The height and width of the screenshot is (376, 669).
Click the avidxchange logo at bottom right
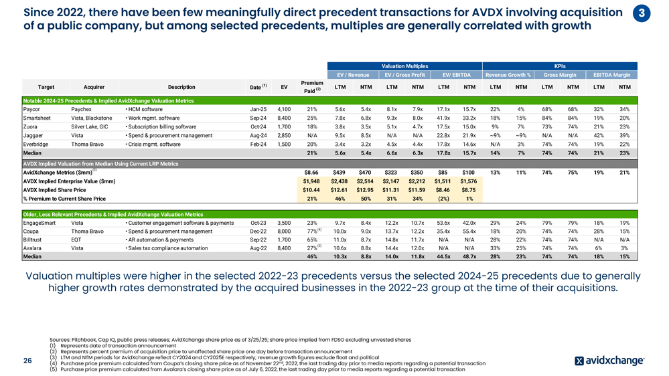(609, 361)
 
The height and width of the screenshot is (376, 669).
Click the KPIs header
(561, 66)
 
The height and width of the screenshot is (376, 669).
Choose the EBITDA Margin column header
(612, 74)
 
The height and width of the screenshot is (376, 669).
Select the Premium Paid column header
(311, 86)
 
